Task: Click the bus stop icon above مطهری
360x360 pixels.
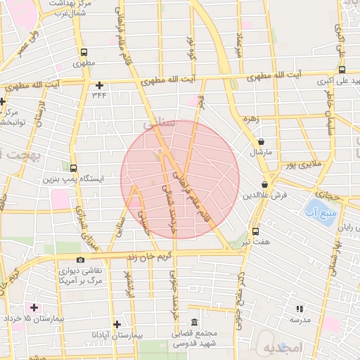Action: coord(84,53)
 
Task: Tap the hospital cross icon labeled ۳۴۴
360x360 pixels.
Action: coord(98,85)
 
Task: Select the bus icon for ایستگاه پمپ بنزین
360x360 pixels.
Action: coord(74,167)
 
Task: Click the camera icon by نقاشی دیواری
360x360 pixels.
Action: coord(80,260)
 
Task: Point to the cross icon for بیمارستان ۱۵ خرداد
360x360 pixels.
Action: coord(33,307)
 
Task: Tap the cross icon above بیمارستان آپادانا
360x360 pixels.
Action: coord(117,324)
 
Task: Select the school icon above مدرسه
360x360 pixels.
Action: coord(300,308)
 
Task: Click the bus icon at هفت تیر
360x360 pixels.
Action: coord(255,230)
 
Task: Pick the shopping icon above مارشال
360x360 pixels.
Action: coord(261,141)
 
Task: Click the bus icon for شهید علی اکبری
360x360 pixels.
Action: coord(342,70)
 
